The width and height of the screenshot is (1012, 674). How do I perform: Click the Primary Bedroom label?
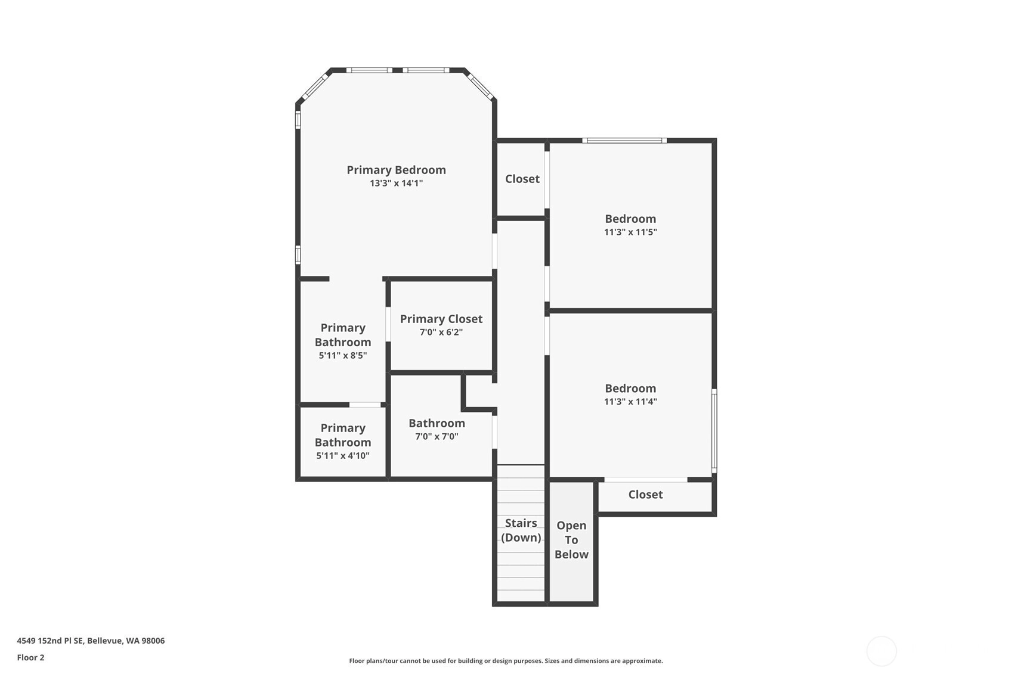[x=396, y=170]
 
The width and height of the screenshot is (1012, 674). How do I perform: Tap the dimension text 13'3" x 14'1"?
[x=396, y=184]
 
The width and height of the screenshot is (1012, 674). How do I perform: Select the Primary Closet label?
[x=441, y=319]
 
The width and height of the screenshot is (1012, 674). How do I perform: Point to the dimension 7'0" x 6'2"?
[x=441, y=333]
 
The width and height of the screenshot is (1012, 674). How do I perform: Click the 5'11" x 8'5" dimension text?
[x=343, y=355]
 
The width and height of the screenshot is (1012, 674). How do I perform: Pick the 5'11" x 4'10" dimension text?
[x=343, y=455]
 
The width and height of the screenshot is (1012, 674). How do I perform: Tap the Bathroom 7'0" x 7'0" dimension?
[x=437, y=437]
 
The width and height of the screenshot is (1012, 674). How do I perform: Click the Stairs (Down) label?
[x=521, y=530]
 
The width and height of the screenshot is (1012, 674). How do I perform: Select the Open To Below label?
[x=571, y=540]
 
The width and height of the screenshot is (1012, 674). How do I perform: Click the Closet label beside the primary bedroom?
[x=522, y=179]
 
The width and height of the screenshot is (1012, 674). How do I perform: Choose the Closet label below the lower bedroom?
[x=646, y=495]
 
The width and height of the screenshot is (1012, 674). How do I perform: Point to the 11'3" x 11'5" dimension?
[x=630, y=232]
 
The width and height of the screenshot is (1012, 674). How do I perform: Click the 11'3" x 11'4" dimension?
[x=630, y=402]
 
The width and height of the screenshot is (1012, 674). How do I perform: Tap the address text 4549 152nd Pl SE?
[x=50, y=641]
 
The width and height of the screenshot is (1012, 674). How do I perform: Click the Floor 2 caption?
[x=31, y=658]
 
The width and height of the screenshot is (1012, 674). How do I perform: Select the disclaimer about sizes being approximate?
[x=506, y=661]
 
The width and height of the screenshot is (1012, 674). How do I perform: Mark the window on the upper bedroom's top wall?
[x=624, y=141]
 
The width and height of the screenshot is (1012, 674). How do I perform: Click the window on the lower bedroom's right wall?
[x=714, y=431]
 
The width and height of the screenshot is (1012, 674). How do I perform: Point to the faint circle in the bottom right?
[x=881, y=651]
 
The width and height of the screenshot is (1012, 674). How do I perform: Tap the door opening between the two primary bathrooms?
[x=365, y=405]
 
